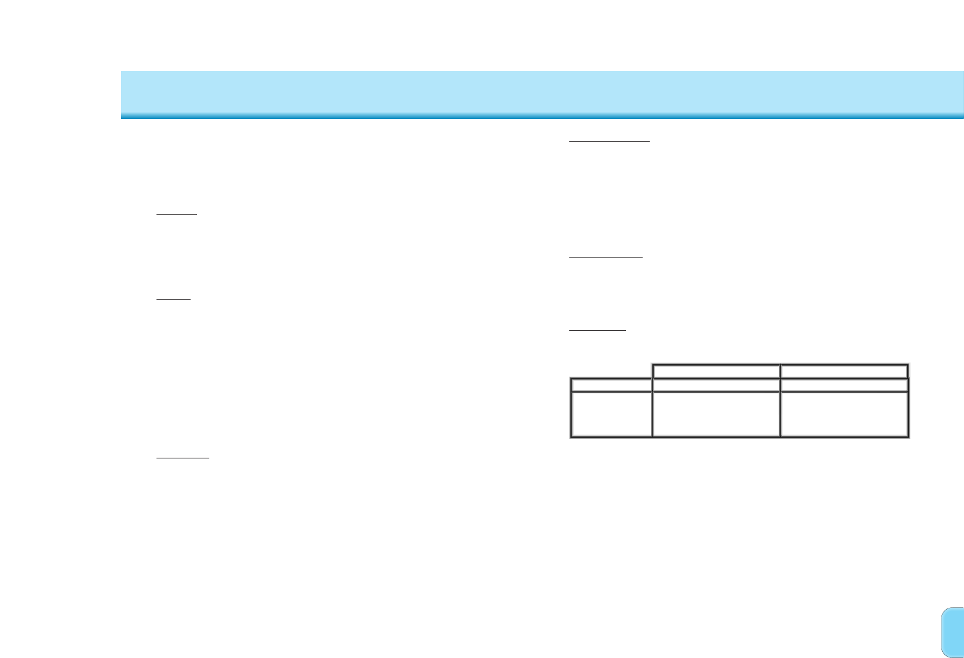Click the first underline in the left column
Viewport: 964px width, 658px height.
(x=176, y=215)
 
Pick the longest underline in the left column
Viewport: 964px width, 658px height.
(x=183, y=458)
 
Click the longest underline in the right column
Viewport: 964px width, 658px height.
(x=610, y=140)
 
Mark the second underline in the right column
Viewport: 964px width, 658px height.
(x=606, y=256)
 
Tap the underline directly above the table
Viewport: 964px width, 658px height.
(x=598, y=330)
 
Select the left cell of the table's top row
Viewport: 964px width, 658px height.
(x=716, y=371)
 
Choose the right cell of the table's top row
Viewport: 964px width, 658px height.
(x=844, y=371)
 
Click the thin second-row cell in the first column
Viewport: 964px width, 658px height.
(x=611, y=385)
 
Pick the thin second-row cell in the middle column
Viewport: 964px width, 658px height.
(x=716, y=385)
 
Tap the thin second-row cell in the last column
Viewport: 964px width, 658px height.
(x=844, y=385)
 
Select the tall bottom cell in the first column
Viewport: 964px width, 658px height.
(x=611, y=414)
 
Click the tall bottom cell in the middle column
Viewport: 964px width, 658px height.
(x=716, y=414)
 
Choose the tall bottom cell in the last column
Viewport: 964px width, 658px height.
(x=844, y=414)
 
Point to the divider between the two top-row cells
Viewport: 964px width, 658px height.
(x=780, y=371)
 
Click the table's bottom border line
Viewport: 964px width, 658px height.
(x=739, y=437)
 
